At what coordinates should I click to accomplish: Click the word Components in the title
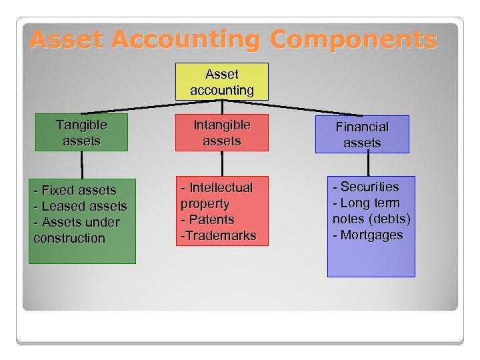tap(353, 39)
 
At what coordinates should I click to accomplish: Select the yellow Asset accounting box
tap(221, 81)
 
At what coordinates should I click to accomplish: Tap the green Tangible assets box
tap(81, 133)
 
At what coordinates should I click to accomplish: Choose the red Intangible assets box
tap(221, 133)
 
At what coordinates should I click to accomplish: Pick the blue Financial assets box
tap(362, 135)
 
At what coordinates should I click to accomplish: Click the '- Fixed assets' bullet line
tap(75, 191)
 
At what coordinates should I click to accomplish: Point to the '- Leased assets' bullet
tap(80, 207)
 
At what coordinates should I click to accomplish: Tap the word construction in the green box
tap(69, 239)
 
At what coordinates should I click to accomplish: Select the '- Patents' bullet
tap(208, 219)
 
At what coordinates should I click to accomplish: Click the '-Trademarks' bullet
tap(218, 235)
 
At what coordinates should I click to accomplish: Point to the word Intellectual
tap(220, 188)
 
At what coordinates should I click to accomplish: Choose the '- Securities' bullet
tap(366, 187)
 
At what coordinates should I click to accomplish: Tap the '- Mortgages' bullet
tap(368, 235)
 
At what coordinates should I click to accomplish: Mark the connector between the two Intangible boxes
tap(222, 163)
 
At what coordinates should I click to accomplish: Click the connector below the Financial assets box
tap(367, 164)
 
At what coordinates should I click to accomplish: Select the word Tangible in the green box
tap(81, 125)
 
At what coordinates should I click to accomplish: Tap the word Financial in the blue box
tap(362, 127)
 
